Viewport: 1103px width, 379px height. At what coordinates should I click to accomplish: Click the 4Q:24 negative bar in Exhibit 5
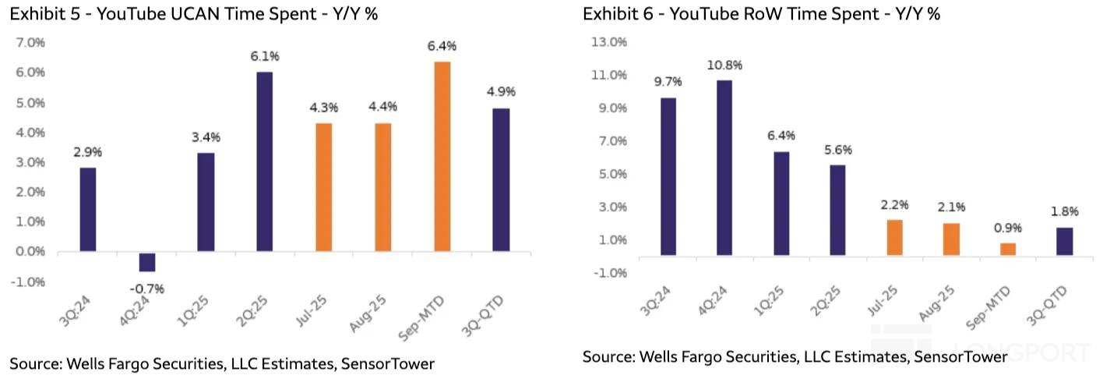coord(147,261)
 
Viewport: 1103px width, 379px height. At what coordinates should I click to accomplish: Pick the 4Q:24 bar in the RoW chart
coord(724,168)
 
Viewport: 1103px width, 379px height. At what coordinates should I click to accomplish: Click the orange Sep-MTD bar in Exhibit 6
coord(1007,249)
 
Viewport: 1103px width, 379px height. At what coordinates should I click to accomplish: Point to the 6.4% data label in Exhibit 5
coord(442,46)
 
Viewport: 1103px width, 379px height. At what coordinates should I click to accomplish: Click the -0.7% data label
coord(147,289)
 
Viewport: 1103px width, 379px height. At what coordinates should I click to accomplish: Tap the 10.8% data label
coord(724,65)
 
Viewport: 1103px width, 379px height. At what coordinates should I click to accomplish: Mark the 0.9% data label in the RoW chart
coord(1007,228)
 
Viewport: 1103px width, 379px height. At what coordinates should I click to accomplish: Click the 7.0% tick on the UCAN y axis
coord(31,42)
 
